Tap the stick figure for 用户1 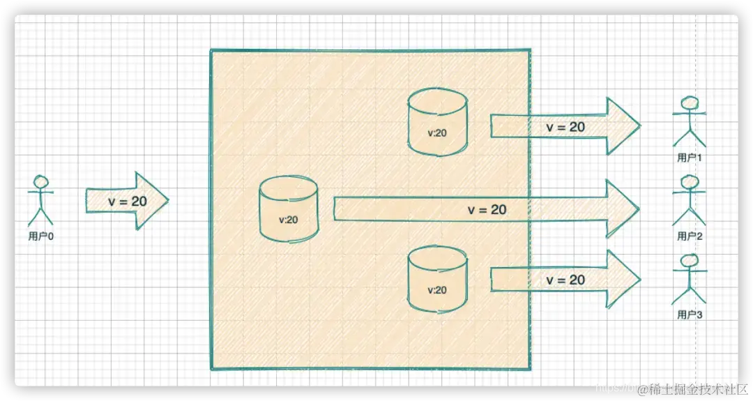(690, 123)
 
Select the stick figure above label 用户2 (690, 201)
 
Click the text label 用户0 (41, 236)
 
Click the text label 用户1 (690, 158)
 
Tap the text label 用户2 (690, 236)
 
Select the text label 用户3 (690, 315)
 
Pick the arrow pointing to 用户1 (565, 126)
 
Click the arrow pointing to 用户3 (565, 279)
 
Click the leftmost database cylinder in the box (288, 209)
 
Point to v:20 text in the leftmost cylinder (288, 220)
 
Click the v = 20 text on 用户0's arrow (128, 201)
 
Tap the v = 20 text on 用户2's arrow (487, 209)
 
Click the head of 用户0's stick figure (40, 182)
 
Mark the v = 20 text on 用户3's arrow (565, 280)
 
